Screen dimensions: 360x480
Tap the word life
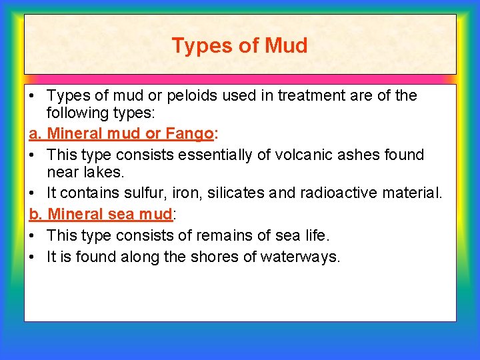(x=313, y=235)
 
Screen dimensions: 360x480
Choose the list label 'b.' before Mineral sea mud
(x=36, y=215)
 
